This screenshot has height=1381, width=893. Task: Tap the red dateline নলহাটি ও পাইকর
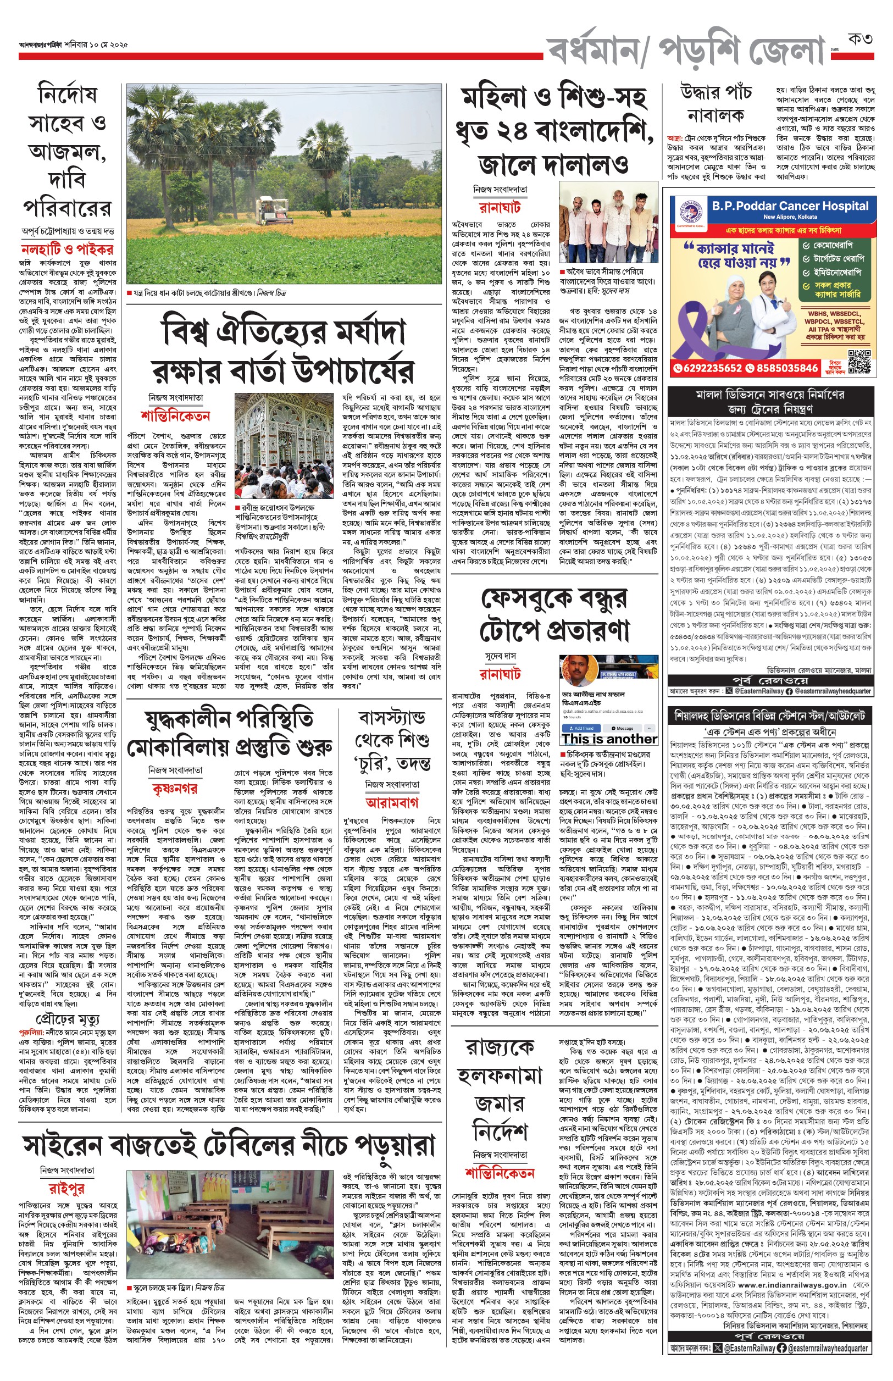coord(67,250)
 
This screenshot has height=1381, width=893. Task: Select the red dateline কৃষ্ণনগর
coord(175,789)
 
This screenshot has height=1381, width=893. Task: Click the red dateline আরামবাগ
coord(392,803)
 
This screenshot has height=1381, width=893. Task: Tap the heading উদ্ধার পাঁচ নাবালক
coord(715,103)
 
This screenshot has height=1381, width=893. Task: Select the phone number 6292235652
coord(708,368)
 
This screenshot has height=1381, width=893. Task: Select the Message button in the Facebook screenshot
coord(623,728)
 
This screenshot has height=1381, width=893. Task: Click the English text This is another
coord(609,739)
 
